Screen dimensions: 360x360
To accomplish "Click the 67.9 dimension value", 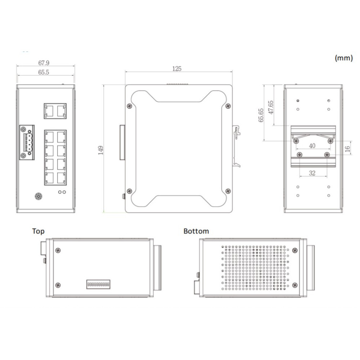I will pos(44,63).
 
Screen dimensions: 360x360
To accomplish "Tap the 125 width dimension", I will pos(177,68).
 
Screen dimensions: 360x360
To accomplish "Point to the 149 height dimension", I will pos(101,150).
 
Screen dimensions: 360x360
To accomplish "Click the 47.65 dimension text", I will pos(271,107).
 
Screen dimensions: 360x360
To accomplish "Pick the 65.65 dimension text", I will pos(261,115).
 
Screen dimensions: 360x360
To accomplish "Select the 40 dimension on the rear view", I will pos(312,146).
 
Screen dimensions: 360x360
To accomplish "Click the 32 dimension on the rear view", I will pos(312,173).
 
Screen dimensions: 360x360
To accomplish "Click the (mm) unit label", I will pos(343,58).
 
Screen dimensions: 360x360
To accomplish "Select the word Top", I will pos(39,231).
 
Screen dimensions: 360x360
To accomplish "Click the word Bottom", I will pos(196,231).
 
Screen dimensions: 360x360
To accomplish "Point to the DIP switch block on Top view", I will pos(98,284).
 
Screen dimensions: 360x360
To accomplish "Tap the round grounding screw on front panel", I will pos(38,197).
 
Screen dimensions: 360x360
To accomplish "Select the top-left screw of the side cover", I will pos(129,106).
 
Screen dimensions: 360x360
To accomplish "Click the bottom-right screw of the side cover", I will pos(227,191).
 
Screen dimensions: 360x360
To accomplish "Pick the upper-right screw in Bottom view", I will pos(295,250).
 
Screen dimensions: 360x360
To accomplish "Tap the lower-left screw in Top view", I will pos(58,285).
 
